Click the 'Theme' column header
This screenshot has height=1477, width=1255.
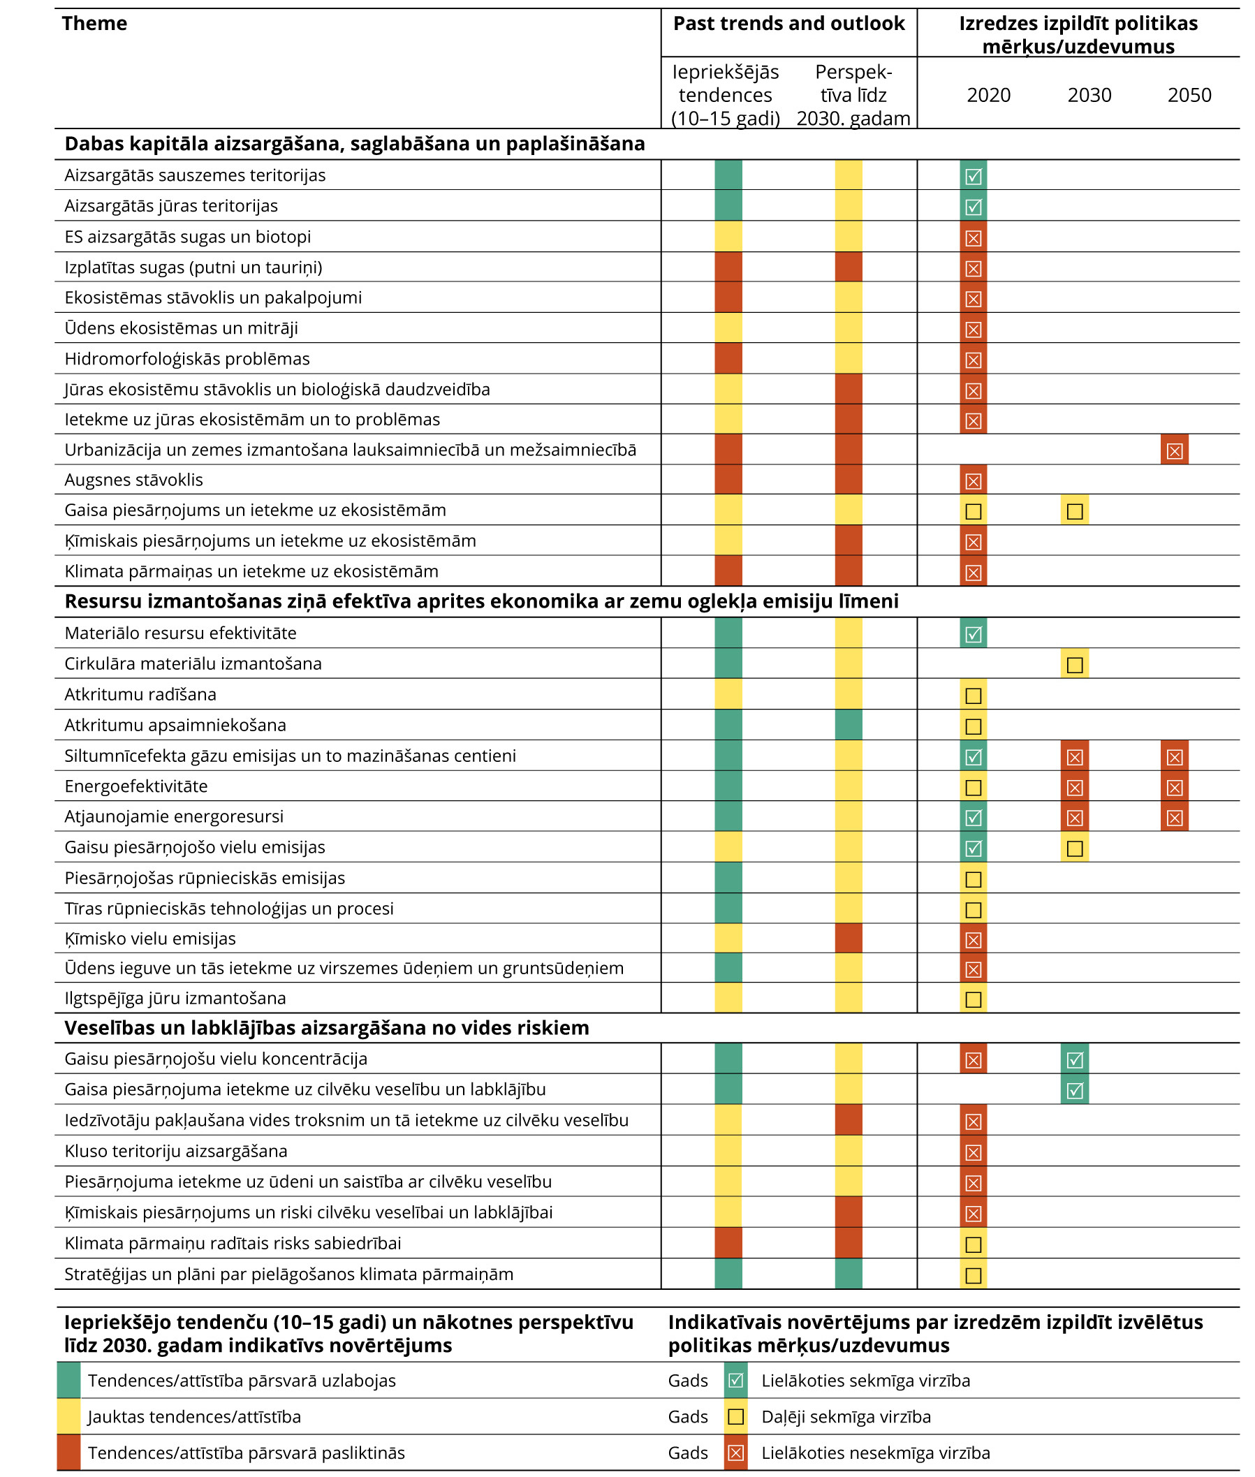pyautogui.click(x=94, y=24)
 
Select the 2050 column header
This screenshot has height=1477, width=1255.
pyautogui.click(x=1189, y=94)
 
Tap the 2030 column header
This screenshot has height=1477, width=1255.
pyautogui.click(x=1089, y=94)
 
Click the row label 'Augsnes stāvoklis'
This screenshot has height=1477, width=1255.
pyautogui.click(x=134, y=480)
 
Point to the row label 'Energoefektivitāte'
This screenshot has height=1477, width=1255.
pyautogui.click(x=136, y=786)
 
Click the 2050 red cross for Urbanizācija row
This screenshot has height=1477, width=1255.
pyautogui.click(x=1175, y=450)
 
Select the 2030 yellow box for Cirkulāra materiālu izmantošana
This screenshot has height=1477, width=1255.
pyautogui.click(x=1075, y=665)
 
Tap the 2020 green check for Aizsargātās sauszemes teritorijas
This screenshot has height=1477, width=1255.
pyautogui.click(x=974, y=176)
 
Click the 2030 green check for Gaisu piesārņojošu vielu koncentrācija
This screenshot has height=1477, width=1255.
pyautogui.click(x=1075, y=1059)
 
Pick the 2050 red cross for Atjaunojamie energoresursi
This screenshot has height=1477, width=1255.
pyautogui.click(x=1175, y=818)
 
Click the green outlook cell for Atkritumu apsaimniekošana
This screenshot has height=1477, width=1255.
pyautogui.click(x=849, y=725)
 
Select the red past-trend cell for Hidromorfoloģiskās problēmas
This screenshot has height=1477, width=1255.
pyautogui.click(x=728, y=358)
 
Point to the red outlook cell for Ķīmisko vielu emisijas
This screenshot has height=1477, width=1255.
pyautogui.click(x=849, y=939)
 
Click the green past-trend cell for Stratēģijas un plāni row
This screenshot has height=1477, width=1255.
pyautogui.click(x=728, y=1274)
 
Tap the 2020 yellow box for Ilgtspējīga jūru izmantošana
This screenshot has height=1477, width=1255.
pyautogui.click(x=974, y=999)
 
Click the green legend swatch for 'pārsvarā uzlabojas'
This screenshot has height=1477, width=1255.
pyautogui.click(x=69, y=1381)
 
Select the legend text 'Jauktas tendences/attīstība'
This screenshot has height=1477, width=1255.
pyautogui.click(x=194, y=1417)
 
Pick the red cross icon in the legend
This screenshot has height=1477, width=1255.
pyautogui.click(x=736, y=1453)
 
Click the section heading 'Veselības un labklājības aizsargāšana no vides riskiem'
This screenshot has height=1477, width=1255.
pyautogui.click(x=327, y=1028)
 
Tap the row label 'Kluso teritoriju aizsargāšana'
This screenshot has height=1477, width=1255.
pyautogui.click(x=176, y=1152)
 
